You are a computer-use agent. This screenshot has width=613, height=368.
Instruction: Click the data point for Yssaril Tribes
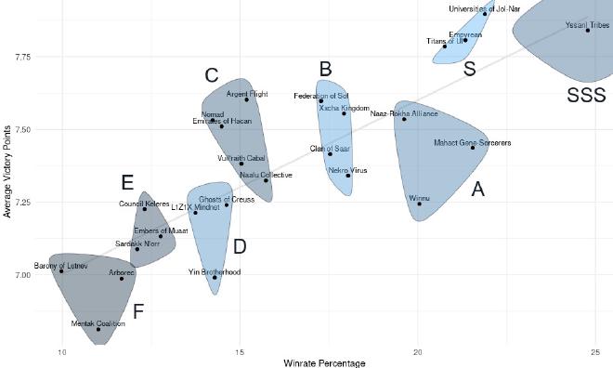[x=588, y=31]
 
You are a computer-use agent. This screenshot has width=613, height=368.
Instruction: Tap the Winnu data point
[x=419, y=204]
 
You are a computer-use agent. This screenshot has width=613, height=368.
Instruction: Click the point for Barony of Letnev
[x=61, y=271]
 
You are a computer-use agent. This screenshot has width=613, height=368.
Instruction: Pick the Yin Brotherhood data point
[x=215, y=277]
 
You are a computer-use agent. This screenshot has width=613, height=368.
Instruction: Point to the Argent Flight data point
[x=246, y=99]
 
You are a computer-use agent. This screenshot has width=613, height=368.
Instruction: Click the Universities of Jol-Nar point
[x=486, y=14]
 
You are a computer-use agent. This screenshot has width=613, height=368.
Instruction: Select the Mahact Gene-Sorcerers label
[x=472, y=143]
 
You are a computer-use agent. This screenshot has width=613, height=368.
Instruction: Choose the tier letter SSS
[x=586, y=95]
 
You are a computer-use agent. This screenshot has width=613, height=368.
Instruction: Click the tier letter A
[x=478, y=190]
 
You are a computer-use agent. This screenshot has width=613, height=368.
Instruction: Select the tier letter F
[x=138, y=311]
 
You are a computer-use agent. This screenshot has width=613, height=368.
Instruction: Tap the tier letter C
[x=212, y=75]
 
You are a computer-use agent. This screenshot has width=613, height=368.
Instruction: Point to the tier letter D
[x=240, y=247]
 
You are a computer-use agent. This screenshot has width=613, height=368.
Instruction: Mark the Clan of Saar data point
[x=330, y=154]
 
